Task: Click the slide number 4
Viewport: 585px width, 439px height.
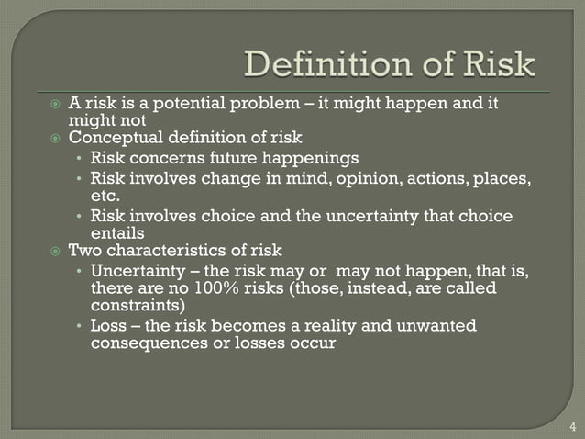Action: click(572, 426)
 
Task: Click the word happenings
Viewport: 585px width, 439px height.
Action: click(317, 158)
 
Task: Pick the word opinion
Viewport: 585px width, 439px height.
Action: click(379, 177)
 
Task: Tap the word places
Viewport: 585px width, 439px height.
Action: click(502, 177)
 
